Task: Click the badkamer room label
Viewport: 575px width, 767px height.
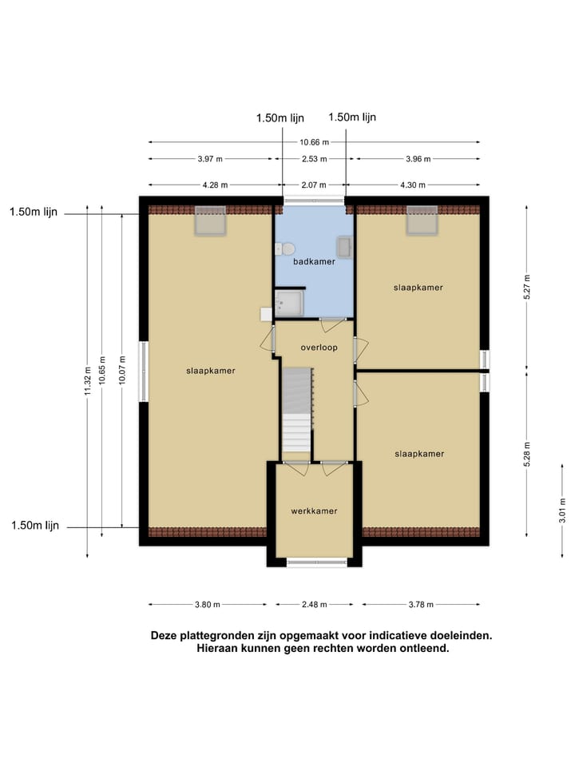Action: [314, 261]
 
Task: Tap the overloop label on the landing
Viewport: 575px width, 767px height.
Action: [319, 348]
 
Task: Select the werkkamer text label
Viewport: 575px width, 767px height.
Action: [314, 511]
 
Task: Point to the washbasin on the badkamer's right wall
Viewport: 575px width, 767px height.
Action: [344, 247]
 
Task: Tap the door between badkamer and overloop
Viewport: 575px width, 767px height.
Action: [331, 324]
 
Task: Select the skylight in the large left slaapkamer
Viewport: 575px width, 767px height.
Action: [211, 221]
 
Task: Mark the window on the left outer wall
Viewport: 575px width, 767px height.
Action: [144, 372]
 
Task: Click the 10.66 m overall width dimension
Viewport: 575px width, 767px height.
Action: [314, 143]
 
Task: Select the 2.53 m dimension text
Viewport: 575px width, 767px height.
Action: [314, 159]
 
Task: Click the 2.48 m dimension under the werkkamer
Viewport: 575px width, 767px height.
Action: [314, 605]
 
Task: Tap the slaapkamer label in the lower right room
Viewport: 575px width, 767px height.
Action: [418, 454]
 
